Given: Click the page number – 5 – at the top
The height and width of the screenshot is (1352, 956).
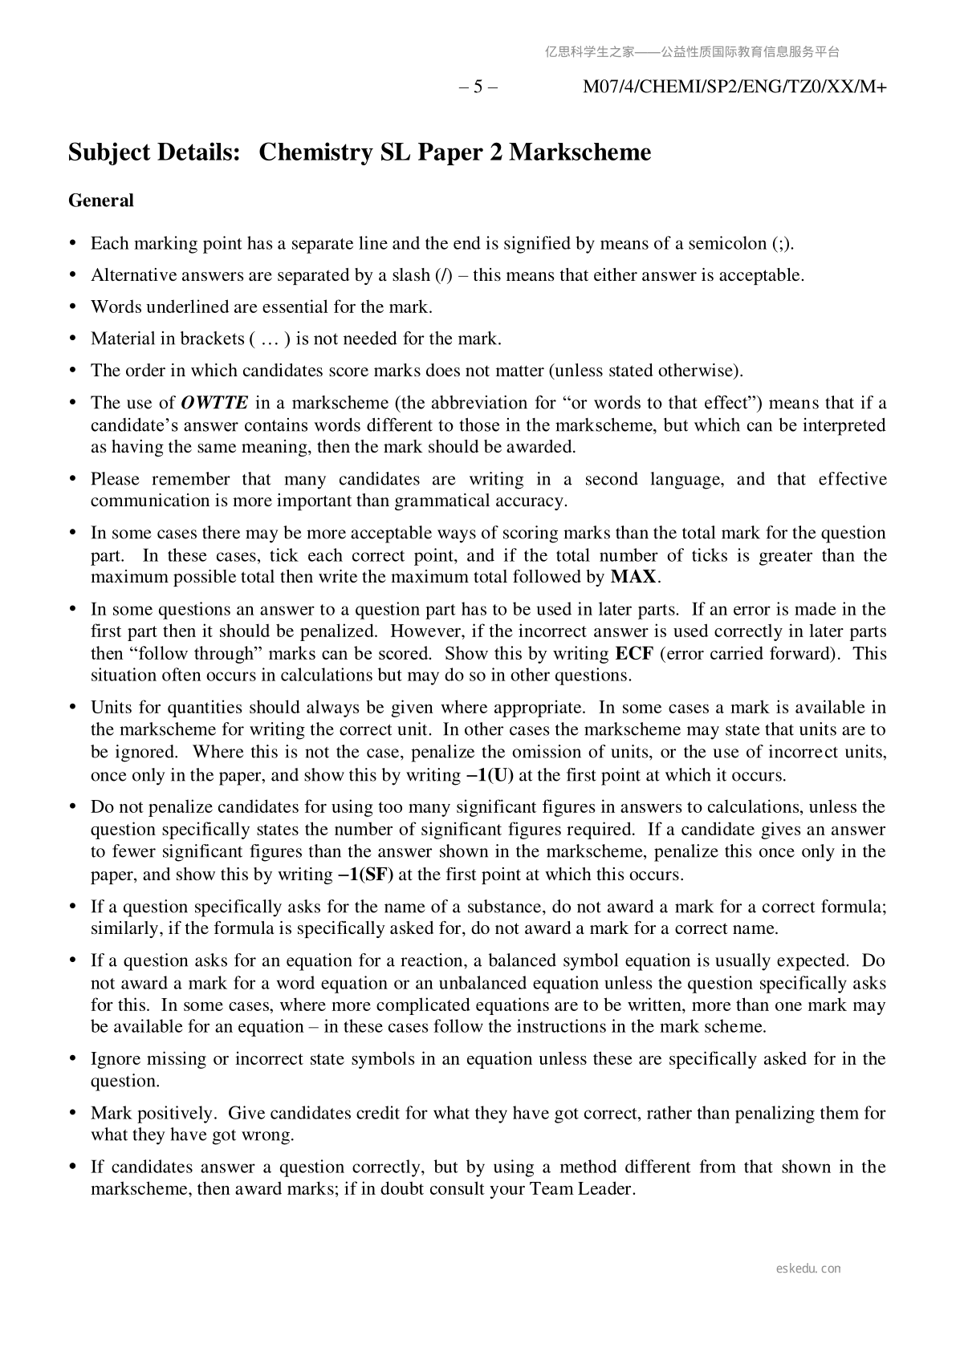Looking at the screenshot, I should pos(478,87).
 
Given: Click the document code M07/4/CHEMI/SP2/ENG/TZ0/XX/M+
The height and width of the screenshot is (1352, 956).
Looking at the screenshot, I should pos(734,87).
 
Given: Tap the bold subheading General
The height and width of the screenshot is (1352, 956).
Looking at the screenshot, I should pos(101,201).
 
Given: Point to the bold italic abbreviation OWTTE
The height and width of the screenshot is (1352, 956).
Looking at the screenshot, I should pos(214,403).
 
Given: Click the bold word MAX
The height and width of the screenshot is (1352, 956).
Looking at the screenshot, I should pos(634,577).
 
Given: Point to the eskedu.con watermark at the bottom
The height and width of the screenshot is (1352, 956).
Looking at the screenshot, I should pos(809,1269).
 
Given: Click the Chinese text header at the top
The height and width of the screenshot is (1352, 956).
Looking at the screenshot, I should pos(692,52).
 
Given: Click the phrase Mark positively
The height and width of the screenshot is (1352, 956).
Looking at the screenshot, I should pos(153,1113).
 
